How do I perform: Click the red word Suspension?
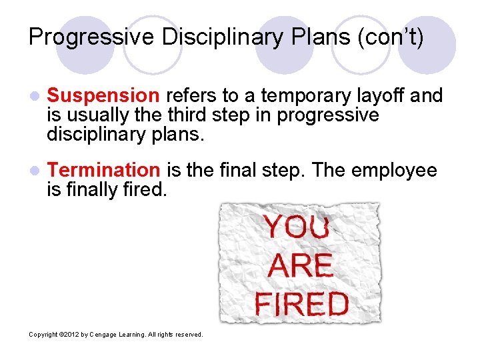[x=103, y=96]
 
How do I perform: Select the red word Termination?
[x=103, y=171]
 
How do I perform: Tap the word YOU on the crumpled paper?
[x=297, y=227]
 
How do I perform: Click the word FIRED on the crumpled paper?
[x=301, y=304]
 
